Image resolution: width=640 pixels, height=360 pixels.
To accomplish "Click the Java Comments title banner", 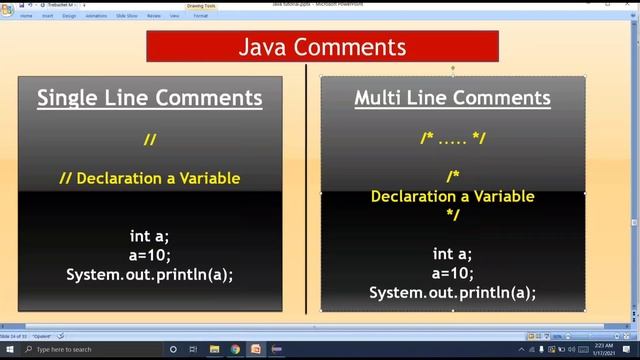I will point(322,47).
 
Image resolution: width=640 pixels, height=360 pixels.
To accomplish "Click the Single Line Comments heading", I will point(150,98).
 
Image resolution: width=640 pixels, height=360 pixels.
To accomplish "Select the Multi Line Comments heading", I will point(452,98).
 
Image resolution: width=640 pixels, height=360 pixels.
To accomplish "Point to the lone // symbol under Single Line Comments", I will point(150,140).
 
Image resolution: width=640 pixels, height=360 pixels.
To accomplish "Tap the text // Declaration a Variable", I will point(150,178).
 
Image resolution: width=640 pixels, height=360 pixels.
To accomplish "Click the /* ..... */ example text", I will point(453,138).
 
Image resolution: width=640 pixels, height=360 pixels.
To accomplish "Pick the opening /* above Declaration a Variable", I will point(453,176).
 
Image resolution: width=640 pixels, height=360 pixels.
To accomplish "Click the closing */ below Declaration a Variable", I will point(453,214).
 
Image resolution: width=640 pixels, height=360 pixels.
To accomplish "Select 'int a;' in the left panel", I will point(150,236).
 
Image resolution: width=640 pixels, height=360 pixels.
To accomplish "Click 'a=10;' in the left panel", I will point(150,255).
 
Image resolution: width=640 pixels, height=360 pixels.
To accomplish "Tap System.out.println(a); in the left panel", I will point(150,274).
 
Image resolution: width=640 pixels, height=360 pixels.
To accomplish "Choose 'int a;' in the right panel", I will point(452,254).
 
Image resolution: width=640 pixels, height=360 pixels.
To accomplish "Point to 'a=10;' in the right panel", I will point(452,273).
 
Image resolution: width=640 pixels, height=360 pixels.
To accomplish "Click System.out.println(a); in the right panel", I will point(452,292).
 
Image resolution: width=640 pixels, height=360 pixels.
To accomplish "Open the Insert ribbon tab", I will point(47,16).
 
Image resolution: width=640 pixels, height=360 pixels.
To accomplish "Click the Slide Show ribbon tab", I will point(128,16).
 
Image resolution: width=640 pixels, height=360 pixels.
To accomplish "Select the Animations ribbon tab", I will point(97,16).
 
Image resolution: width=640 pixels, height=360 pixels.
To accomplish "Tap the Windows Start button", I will point(9,349).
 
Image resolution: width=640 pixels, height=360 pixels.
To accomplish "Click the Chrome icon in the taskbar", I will point(235,349).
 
